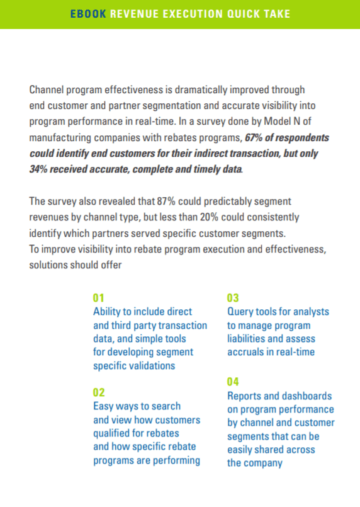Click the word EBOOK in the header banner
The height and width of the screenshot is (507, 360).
click(x=88, y=14)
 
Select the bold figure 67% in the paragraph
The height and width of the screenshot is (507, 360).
click(x=254, y=137)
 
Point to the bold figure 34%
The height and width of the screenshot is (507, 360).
click(x=38, y=169)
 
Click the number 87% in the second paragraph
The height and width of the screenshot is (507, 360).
click(x=166, y=201)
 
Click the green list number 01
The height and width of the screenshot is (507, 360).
click(x=99, y=298)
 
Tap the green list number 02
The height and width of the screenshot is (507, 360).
click(x=99, y=392)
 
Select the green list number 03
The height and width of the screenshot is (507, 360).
click(x=233, y=298)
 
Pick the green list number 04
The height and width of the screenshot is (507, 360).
click(x=233, y=382)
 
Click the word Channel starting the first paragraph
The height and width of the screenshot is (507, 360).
click(x=46, y=89)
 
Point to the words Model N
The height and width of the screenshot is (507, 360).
click(x=282, y=122)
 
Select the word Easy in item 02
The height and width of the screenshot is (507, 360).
click(x=103, y=406)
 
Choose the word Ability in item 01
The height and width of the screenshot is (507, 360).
click(x=106, y=312)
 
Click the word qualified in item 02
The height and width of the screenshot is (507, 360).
click(x=111, y=433)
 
